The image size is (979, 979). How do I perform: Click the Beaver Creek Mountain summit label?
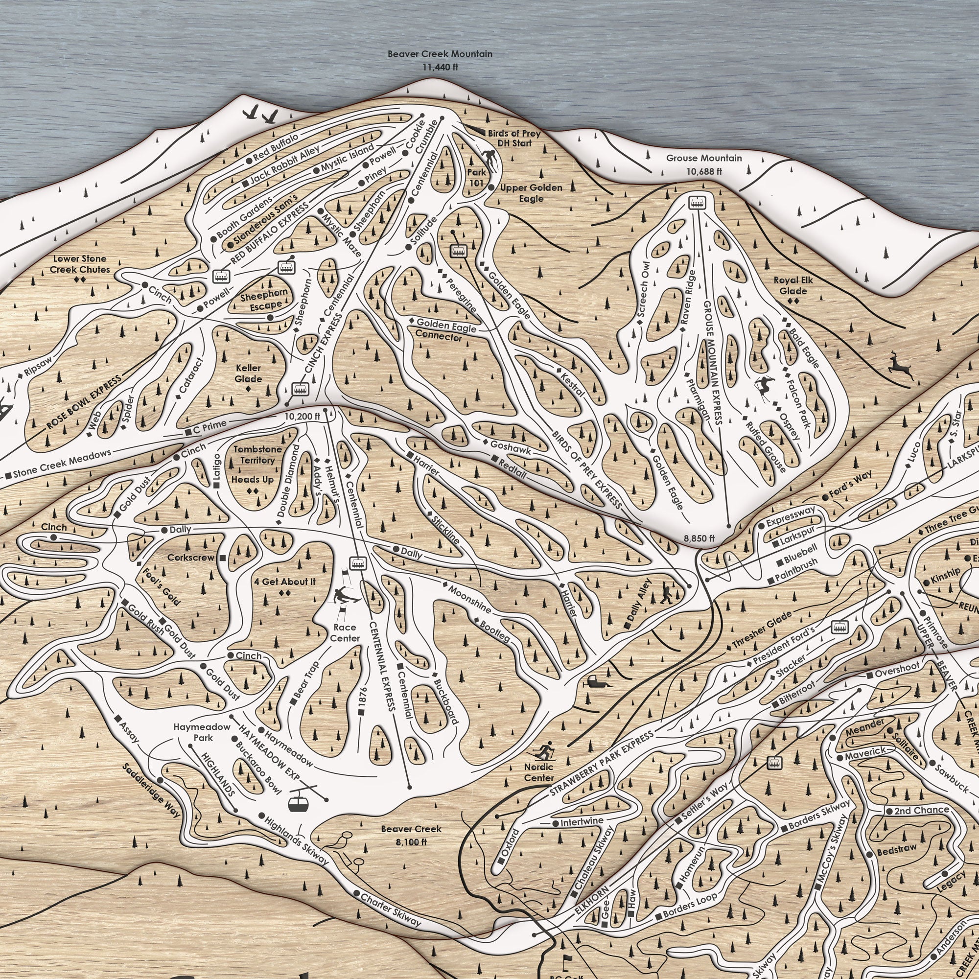440,54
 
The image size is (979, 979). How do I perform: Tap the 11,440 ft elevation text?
440,67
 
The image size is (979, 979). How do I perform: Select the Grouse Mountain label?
704,158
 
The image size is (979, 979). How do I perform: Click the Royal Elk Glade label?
793,285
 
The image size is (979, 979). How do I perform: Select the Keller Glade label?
248,373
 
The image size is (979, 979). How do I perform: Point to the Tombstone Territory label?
257,455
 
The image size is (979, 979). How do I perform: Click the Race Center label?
345,632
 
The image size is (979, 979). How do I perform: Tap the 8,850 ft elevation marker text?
699,538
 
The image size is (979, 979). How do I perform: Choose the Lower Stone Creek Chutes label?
80,264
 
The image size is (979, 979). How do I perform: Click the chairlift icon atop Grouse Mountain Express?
697,202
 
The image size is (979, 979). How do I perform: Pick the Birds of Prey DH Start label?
514,139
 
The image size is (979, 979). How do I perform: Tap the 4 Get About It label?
285,581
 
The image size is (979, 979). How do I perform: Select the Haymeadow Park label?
202,732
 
